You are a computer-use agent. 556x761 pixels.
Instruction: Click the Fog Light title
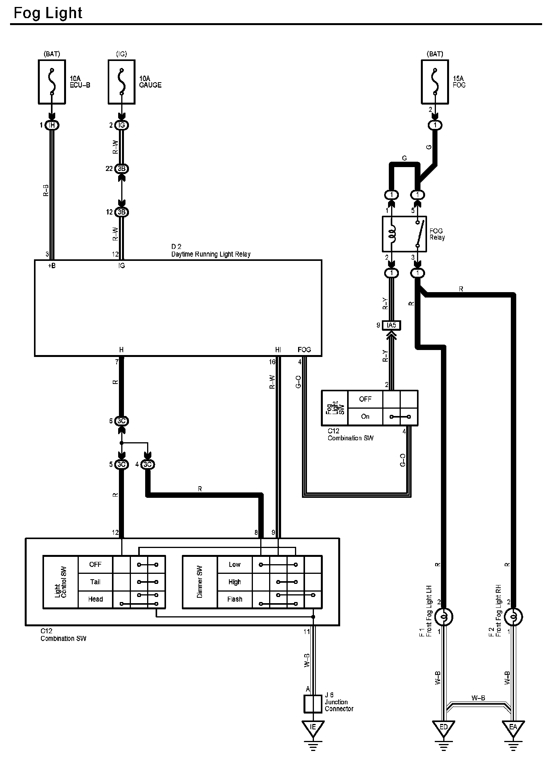point(48,13)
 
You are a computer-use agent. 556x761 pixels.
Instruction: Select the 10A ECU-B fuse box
point(52,82)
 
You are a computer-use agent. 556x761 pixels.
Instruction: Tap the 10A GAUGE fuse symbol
point(122,82)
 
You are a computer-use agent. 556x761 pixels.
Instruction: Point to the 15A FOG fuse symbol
point(435,82)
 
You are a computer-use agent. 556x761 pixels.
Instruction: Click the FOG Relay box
point(404,234)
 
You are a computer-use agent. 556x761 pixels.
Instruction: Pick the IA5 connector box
point(391,325)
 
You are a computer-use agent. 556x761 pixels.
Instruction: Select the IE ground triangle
point(313,727)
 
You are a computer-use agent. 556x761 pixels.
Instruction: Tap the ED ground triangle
point(444,727)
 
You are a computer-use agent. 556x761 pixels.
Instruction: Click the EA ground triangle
point(513,727)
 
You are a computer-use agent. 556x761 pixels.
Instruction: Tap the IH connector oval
point(52,125)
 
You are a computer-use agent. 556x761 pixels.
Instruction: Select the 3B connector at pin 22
point(122,169)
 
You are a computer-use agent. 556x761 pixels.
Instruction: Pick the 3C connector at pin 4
point(147,464)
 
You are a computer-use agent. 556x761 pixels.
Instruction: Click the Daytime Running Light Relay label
point(211,254)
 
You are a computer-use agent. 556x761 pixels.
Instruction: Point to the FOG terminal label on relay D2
point(304,350)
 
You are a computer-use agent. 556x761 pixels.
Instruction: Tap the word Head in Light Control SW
point(95,599)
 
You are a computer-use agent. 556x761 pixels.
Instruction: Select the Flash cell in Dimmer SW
point(235,599)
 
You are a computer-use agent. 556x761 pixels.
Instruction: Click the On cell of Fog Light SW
point(365,416)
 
